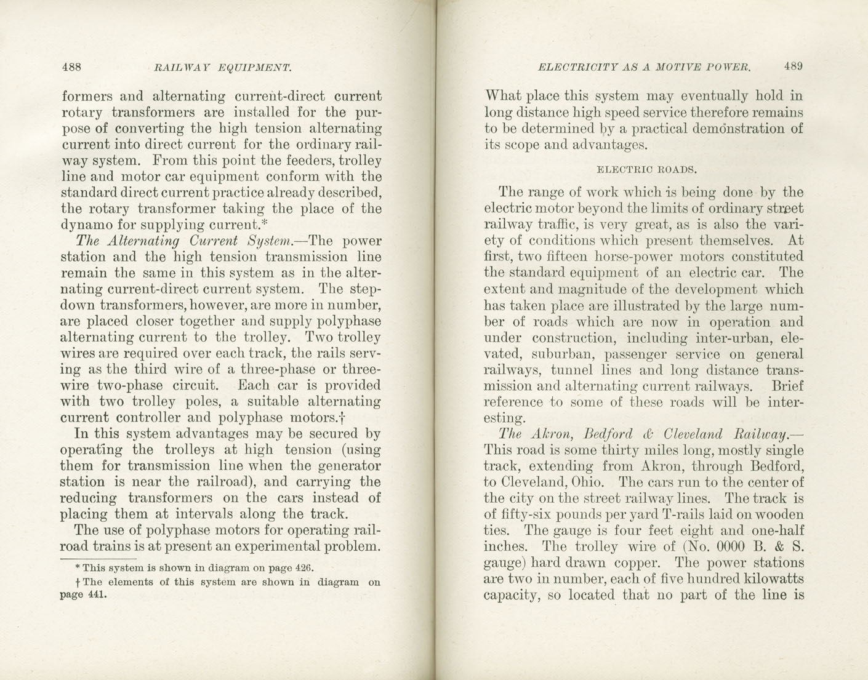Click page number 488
pos(71,67)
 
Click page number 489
pos(793,66)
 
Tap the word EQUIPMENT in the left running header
pos(255,67)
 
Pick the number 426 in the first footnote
pos(302,568)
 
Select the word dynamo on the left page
pos(84,225)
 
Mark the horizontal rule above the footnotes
pos(98,559)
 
